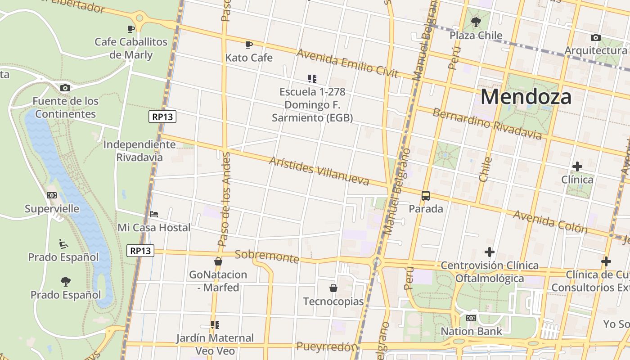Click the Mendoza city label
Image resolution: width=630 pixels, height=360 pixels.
tap(526, 97)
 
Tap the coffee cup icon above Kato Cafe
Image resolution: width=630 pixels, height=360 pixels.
tap(248, 45)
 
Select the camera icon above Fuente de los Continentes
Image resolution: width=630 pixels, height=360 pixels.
tap(65, 88)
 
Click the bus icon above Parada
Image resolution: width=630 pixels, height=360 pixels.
tap(425, 196)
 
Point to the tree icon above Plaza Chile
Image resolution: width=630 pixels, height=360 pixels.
tap(476, 22)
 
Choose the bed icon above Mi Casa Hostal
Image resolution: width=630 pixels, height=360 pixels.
tap(154, 214)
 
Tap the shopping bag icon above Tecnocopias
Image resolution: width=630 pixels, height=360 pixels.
tap(333, 288)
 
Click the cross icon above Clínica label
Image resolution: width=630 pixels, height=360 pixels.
tap(577, 166)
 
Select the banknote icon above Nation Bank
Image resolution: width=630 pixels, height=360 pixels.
tap(471, 318)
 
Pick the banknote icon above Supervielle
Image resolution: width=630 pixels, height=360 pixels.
tap(52, 195)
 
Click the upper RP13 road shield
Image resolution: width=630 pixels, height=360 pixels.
tap(162, 117)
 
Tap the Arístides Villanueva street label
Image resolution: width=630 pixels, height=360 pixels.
tap(319, 171)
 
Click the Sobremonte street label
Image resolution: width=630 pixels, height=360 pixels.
tap(267, 256)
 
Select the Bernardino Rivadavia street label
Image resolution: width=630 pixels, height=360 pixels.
tap(487, 124)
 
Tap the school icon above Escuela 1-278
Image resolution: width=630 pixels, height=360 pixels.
tap(312, 79)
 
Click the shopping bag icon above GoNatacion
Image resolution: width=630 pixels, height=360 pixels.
tap(218, 261)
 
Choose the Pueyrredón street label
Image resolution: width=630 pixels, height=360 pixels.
tap(327, 346)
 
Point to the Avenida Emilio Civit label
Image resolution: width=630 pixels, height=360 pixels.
tap(347, 63)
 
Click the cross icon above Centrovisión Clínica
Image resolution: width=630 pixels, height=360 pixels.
tap(490, 252)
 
